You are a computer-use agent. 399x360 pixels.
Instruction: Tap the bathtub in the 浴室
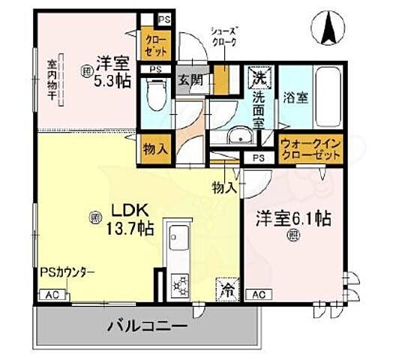[327, 89]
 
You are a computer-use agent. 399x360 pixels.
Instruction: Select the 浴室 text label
[294, 97]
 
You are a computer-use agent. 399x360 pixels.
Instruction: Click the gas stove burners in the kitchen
[180, 284]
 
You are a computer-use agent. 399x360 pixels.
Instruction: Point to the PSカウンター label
[67, 273]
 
